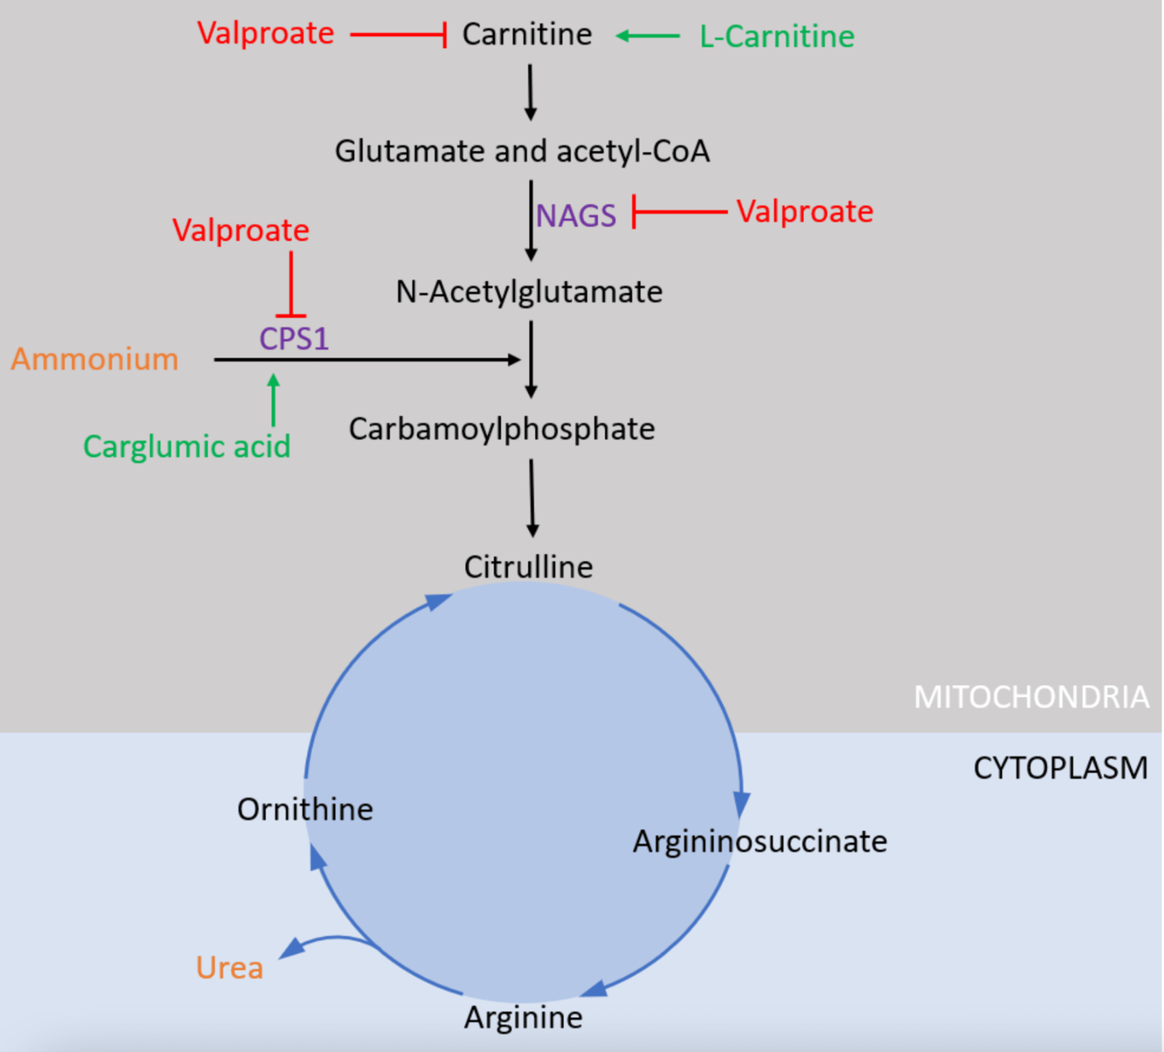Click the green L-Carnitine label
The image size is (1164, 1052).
(776, 37)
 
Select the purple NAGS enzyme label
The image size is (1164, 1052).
(576, 216)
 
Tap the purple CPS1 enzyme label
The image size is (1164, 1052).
(294, 338)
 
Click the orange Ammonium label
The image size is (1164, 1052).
(95, 359)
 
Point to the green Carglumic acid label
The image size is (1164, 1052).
(187, 446)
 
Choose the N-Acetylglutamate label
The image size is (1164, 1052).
(529, 292)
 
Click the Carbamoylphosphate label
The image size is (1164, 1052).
(502, 429)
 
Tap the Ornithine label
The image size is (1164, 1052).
(305, 810)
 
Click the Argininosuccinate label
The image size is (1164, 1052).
(760, 841)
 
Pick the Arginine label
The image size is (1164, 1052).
(523, 1017)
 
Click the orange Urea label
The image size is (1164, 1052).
(229, 968)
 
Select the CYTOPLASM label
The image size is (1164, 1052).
(1060, 768)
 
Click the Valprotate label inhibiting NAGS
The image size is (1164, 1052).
(805, 211)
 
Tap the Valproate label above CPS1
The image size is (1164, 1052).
(241, 230)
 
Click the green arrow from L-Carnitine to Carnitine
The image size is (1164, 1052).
(648, 36)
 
